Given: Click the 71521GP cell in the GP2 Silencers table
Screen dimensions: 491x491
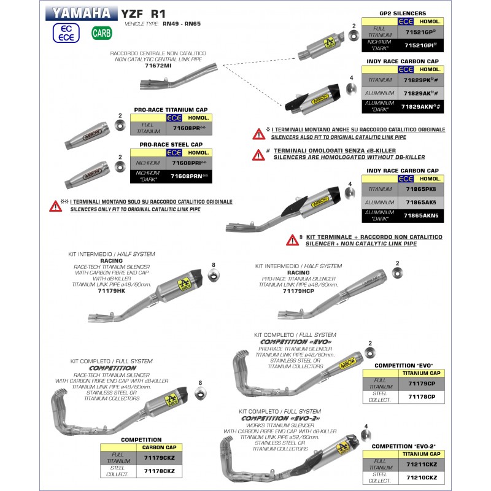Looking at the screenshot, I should [x=420, y=32].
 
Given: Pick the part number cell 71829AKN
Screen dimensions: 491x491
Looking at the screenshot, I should [x=421, y=106].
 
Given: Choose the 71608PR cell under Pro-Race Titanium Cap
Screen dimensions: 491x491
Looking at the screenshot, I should [x=189, y=129].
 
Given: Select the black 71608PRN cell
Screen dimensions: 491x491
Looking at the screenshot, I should [x=189, y=176].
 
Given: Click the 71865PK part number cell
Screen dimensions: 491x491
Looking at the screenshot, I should [x=421, y=190].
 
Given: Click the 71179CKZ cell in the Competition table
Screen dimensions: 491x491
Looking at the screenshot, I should [x=159, y=458].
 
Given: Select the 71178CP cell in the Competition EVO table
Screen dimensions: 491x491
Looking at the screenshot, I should [x=421, y=396].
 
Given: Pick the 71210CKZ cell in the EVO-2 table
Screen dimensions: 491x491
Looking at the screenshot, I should [x=421, y=476].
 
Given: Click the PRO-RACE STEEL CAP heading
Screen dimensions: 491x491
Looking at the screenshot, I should [x=171, y=144].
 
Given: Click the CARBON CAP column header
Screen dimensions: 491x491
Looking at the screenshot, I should [x=159, y=448].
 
